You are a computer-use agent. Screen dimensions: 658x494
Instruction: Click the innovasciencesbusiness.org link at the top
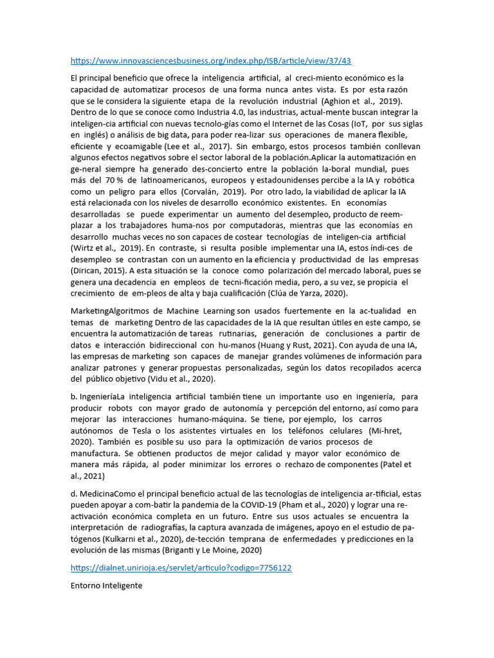click(x=211, y=61)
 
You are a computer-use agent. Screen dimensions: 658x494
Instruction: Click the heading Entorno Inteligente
click(x=106, y=586)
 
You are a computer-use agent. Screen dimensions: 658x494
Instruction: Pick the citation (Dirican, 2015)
click(x=95, y=271)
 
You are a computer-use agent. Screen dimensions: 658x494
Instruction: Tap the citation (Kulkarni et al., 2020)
click(x=137, y=538)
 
